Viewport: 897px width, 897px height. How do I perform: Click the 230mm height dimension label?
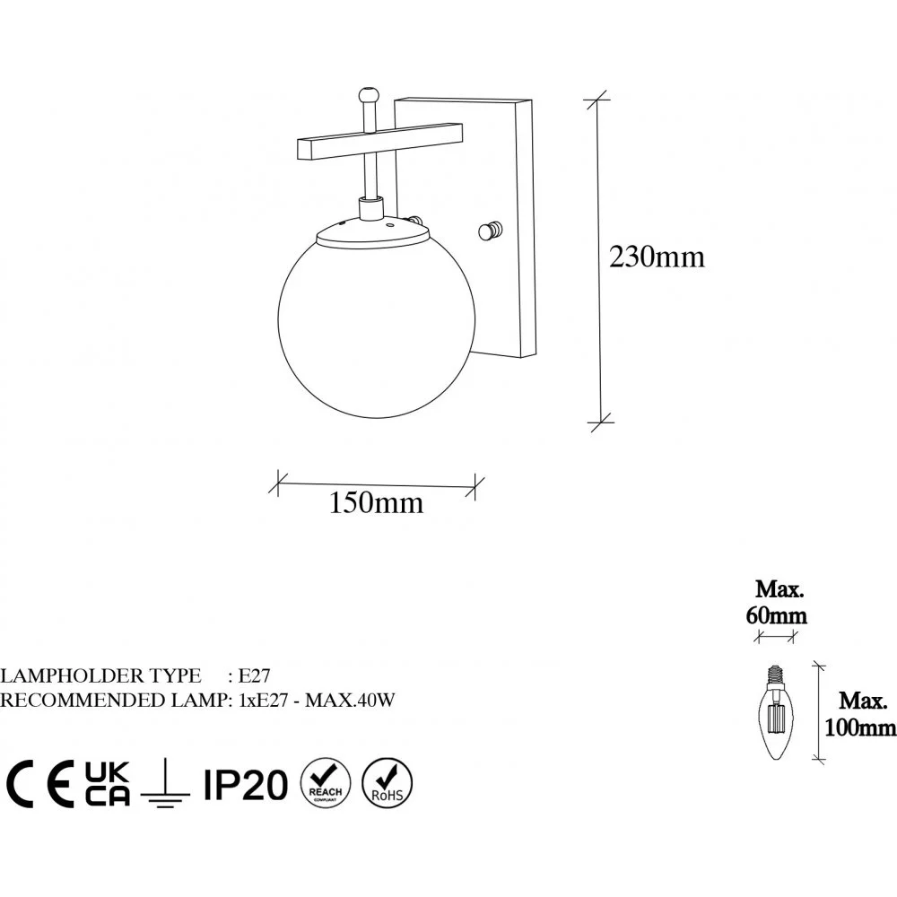click(657, 257)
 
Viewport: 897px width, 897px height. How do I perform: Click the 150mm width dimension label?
click(377, 503)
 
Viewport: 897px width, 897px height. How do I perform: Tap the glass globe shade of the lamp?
click(377, 330)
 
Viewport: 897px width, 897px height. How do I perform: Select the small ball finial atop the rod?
click(368, 95)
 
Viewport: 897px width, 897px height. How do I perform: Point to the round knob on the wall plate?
click(491, 231)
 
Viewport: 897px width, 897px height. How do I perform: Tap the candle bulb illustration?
click(776, 712)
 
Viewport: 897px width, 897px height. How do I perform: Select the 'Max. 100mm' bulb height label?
click(860, 715)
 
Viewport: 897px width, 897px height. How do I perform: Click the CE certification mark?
click(40, 784)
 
